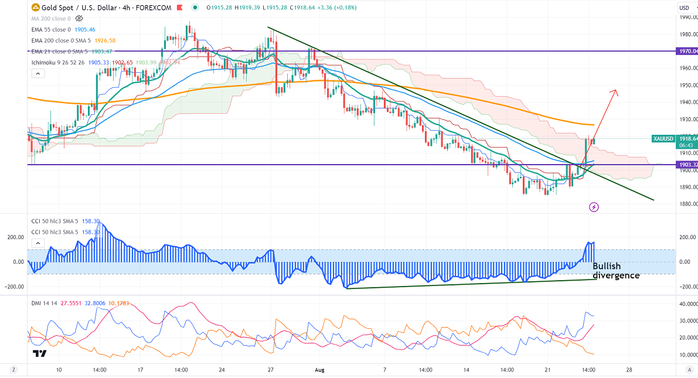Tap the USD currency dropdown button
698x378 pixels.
[x=685, y=8]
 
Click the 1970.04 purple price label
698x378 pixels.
[x=687, y=52]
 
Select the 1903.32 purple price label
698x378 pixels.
[x=687, y=165]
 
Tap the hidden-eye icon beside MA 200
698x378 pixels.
[x=79, y=19]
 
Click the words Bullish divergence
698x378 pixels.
[x=615, y=271]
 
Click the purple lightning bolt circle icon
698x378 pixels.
[x=594, y=207]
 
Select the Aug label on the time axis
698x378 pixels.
[x=319, y=370]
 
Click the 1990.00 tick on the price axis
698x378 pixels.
[x=687, y=17]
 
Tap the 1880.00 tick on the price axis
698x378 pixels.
[x=687, y=205]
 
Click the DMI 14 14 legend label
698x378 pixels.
[x=45, y=304]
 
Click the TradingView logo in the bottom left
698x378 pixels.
[x=40, y=353]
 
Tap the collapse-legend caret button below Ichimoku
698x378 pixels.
[x=38, y=74]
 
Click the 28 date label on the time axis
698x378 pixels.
[x=629, y=370]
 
